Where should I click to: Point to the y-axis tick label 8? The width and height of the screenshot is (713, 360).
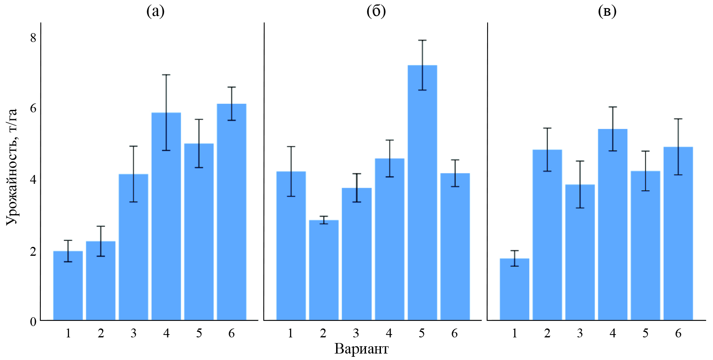coord(33,38)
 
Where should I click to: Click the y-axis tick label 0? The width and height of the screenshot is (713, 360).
coord(33,322)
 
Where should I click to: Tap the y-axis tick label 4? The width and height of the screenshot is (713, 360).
coord(33,179)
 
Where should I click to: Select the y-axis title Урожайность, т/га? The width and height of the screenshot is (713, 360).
coord(12,166)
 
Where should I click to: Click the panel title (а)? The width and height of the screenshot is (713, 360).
coord(156,12)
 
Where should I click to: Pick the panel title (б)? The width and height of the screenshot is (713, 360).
coord(376,12)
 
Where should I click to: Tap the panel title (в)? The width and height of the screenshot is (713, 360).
coord(607,12)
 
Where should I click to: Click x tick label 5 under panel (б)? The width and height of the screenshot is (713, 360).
coord(422,333)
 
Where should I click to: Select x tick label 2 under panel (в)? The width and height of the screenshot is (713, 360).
coord(547,333)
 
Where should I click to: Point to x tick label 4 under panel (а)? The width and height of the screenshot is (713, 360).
coord(166,333)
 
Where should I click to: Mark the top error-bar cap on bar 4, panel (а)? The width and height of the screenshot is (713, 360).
coord(166,75)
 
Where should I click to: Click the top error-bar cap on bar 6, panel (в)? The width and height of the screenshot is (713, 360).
coord(678,119)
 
